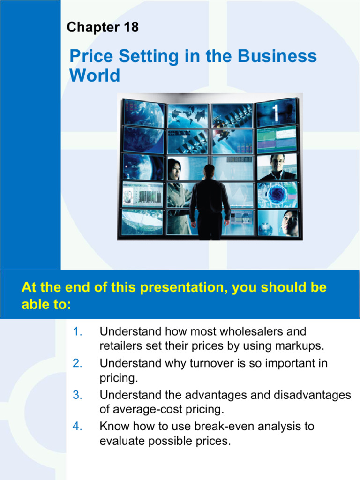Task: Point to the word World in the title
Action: (95, 75)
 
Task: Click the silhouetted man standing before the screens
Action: (210, 199)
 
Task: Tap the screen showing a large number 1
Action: (277, 112)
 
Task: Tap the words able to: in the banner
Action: (46, 305)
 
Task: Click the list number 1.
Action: (78, 332)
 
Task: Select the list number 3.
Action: (78, 395)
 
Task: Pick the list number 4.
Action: (78, 427)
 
